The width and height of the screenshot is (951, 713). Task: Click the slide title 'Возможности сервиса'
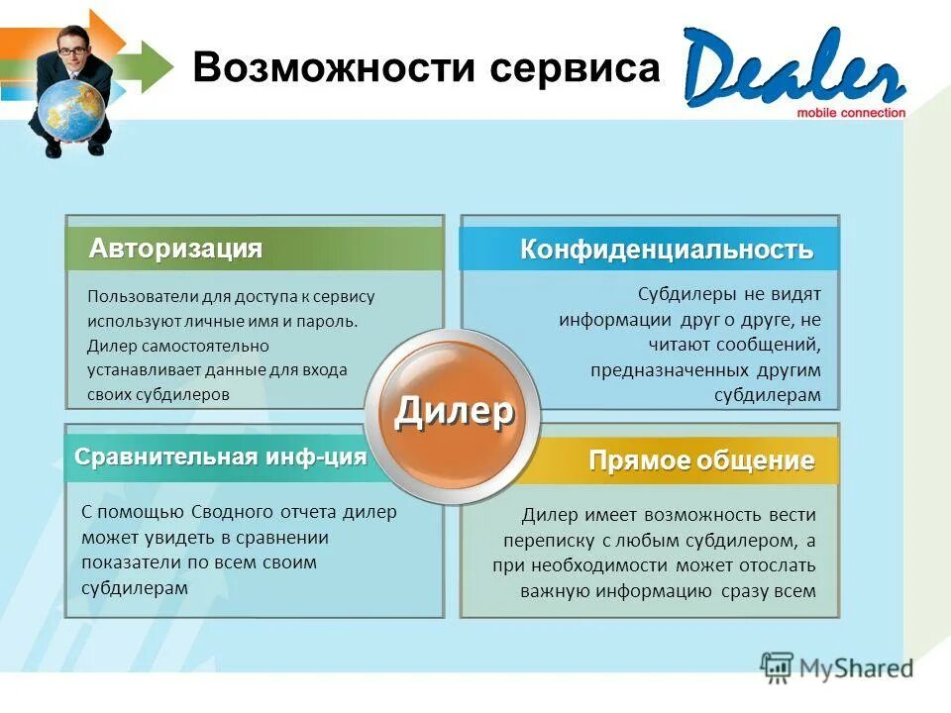(x=425, y=69)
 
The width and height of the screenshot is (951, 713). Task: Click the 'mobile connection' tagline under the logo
(x=851, y=113)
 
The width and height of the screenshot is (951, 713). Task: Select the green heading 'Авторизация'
(x=176, y=249)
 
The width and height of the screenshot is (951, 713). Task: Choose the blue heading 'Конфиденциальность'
(x=667, y=250)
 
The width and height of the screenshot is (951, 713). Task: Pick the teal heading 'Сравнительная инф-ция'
(x=221, y=458)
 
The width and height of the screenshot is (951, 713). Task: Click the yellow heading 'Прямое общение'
(x=701, y=460)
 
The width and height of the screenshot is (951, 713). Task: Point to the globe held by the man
(x=72, y=108)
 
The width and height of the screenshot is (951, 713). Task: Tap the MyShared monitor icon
(x=777, y=665)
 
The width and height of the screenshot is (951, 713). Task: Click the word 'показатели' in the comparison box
(x=126, y=562)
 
